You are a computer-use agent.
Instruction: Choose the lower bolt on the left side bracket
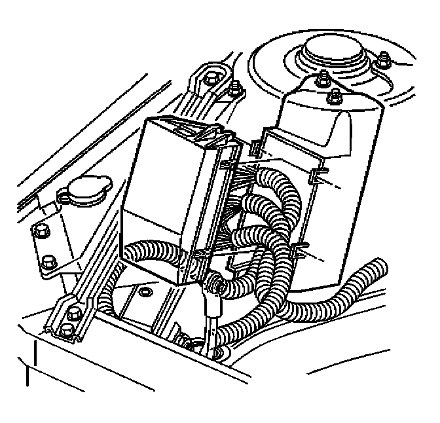(46, 264)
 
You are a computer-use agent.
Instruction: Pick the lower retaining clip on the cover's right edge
(303, 249)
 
